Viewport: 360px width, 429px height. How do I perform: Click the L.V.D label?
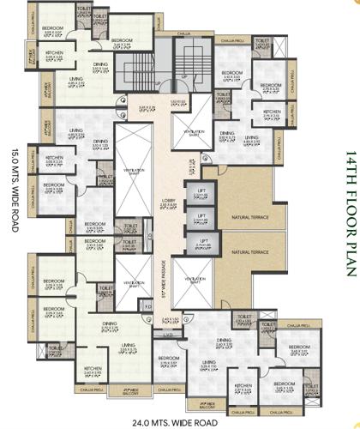(170, 334)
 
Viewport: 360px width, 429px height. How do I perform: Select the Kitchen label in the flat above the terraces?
(273, 112)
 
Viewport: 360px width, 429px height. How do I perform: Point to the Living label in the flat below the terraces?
(208, 363)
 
